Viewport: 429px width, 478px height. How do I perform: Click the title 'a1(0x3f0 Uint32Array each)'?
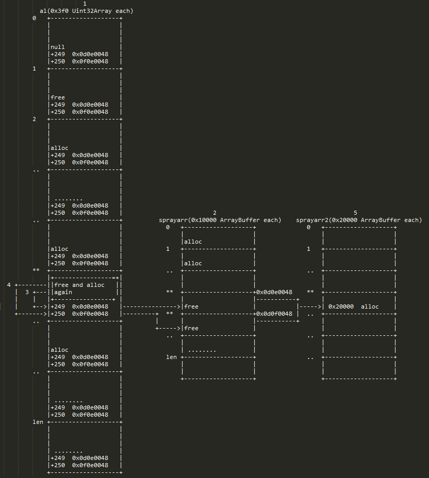(x=86, y=11)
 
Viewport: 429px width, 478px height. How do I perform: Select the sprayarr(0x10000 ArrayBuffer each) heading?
(x=220, y=220)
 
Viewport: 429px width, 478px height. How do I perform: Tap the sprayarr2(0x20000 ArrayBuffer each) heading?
(x=359, y=220)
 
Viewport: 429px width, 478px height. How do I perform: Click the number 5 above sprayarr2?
(x=355, y=213)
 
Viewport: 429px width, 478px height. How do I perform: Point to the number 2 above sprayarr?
(x=214, y=213)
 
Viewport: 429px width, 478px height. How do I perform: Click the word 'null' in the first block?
(x=58, y=47)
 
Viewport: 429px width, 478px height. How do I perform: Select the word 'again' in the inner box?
(x=63, y=293)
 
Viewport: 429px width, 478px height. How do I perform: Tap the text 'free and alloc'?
(x=79, y=285)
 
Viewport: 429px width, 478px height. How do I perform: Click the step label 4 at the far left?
(x=9, y=285)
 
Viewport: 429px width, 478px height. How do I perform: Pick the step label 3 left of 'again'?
(x=27, y=293)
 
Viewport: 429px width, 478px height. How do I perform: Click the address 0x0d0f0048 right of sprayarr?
(x=274, y=314)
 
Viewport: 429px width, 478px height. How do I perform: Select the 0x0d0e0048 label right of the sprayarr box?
(x=274, y=292)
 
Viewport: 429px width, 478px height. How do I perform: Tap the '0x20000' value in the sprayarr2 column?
(x=341, y=306)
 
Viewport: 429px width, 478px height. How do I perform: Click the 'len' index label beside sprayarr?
(x=171, y=357)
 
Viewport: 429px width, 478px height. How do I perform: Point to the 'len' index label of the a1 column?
(x=38, y=422)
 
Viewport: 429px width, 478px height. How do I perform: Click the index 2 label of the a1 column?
(x=34, y=119)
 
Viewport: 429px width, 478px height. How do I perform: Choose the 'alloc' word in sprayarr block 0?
(x=193, y=242)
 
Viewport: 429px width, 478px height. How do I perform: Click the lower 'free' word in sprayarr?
(x=191, y=328)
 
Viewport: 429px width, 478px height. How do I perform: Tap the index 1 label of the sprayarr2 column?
(x=308, y=249)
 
